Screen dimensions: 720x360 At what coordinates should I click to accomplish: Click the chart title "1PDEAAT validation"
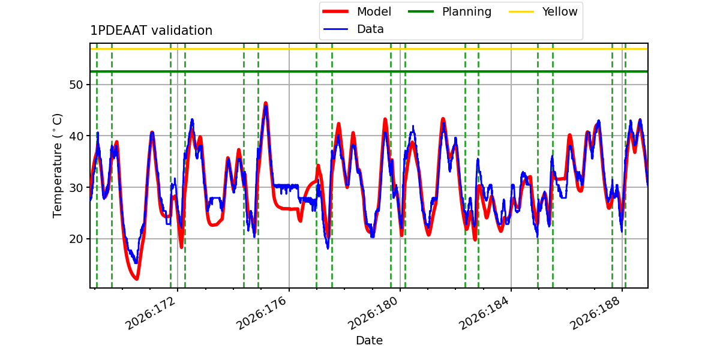pyautogui.click(x=151, y=31)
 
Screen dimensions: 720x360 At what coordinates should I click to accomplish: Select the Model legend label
pyautogui.click(x=374, y=11)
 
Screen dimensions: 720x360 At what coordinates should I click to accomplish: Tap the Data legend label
pyautogui.click(x=370, y=29)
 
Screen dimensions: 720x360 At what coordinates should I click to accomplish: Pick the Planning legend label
pyautogui.click(x=467, y=12)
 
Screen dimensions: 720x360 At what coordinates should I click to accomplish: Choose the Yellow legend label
pyautogui.click(x=560, y=11)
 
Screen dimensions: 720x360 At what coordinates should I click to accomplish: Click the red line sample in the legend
pyautogui.click(x=335, y=11)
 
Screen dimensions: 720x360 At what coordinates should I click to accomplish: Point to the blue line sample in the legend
pyautogui.click(x=335, y=29)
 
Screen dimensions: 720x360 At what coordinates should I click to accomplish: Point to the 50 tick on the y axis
pyautogui.click(x=76, y=85)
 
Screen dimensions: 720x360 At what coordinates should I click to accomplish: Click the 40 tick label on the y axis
pyautogui.click(x=76, y=136)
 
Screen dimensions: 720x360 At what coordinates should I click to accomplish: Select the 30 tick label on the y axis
pyautogui.click(x=76, y=187)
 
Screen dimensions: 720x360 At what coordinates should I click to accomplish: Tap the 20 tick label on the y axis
pyautogui.click(x=76, y=239)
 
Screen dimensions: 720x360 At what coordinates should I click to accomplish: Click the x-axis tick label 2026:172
pyautogui.click(x=151, y=313)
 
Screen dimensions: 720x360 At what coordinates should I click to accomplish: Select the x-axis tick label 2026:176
pyautogui.click(x=262, y=313)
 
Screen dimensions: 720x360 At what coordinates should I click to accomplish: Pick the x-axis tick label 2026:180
pyautogui.click(x=373, y=313)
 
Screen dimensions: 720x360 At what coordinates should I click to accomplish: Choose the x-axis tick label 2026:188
pyautogui.click(x=595, y=313)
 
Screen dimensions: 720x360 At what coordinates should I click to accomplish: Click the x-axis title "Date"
pyautogui.click(x=369, y=340)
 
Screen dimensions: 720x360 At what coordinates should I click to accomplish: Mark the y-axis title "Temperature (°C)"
pyautogui.click(x=57, y=166)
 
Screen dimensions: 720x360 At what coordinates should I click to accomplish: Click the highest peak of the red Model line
pyautogui.click(x=265, y=103)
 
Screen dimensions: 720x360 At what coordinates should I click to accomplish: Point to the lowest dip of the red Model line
pyautogui.click(x=137, y=278)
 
